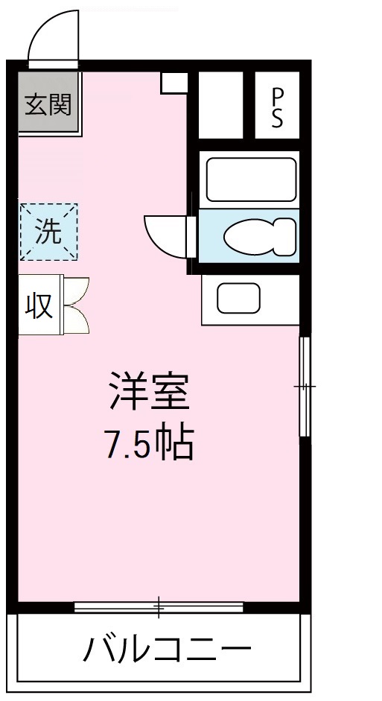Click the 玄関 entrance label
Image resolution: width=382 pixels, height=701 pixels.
click(x=48, y=105)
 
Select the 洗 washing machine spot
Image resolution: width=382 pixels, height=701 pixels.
click(x=48, y=232)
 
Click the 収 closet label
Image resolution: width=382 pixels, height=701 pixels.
click(x=40, y=305)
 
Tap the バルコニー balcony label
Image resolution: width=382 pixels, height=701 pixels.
click(x=166, y=652)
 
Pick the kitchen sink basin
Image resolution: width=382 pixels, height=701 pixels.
click(x=239, y=298)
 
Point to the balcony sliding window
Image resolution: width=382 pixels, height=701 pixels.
click(x=159, y=606)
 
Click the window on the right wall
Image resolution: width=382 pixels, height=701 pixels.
click(x=305, y=386)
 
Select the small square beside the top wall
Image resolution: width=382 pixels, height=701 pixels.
click(x=174, y=83)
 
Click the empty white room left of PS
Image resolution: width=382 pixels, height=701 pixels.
click(x=221, y=105)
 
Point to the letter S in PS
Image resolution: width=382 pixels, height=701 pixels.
click(x=277, y=119)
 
